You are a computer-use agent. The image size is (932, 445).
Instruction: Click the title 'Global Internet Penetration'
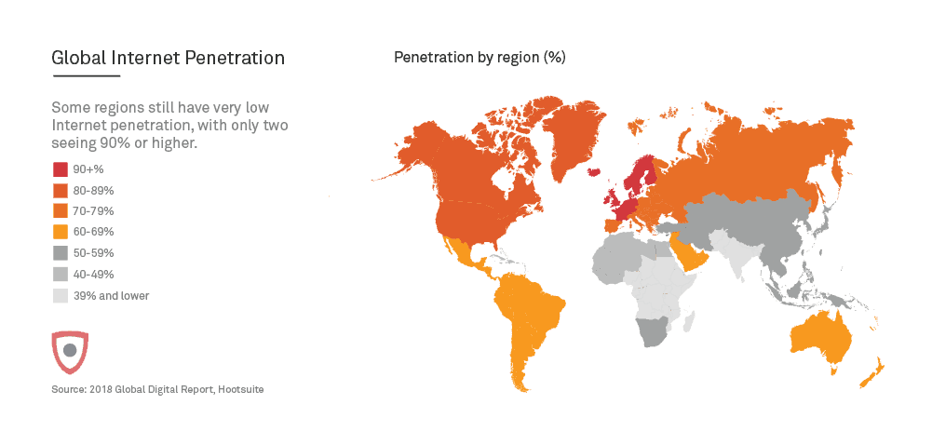pos(169,59)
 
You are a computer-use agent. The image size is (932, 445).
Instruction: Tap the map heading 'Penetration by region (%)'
pos(480,58)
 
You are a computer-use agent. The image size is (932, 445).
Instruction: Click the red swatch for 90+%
pos(60,169)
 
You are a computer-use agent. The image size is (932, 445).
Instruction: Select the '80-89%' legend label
pos(93,190)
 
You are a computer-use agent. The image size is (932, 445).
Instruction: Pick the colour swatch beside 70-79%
pos(60,211)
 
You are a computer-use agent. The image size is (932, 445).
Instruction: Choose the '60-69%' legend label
pos(93,232)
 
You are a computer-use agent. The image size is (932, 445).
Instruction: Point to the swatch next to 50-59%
pos(60,253)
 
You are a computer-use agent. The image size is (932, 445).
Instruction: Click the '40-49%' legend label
pos(93,275)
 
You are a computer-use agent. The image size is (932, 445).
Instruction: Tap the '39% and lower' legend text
pos(111,296)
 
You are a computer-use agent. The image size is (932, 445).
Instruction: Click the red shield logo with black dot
pos(70,350)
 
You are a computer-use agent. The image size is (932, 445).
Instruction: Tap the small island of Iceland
pos(593,170)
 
